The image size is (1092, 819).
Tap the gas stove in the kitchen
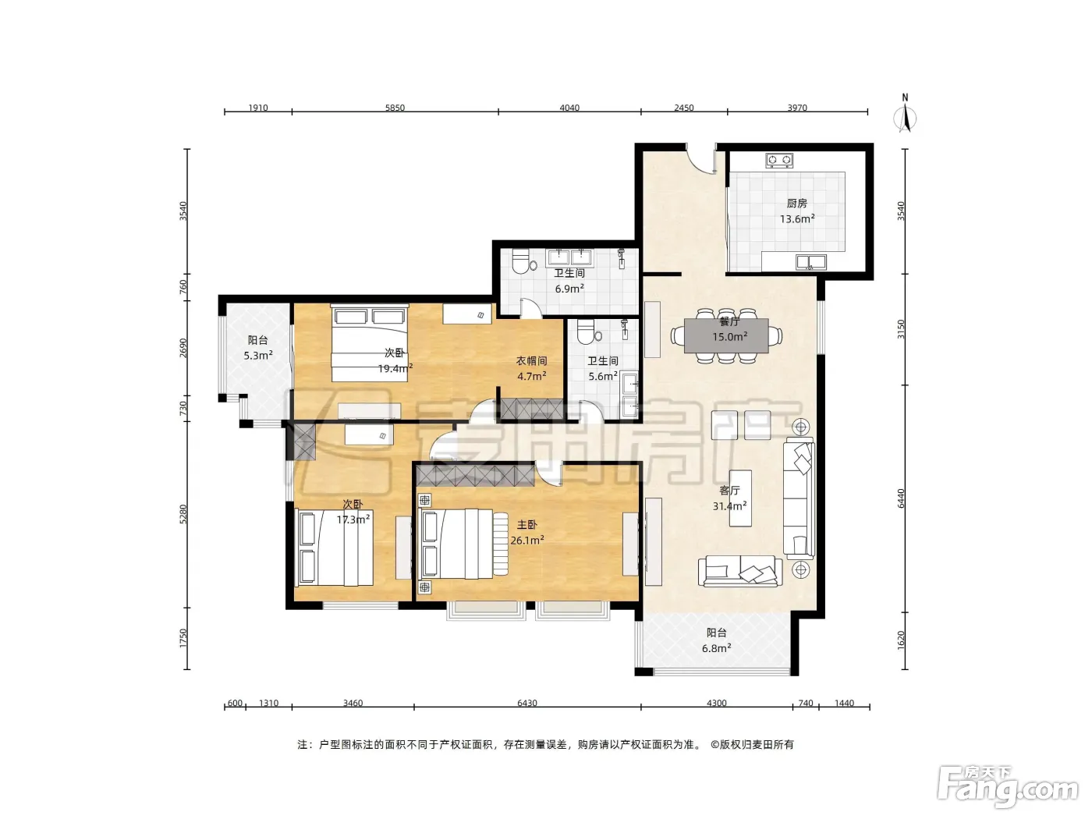778,160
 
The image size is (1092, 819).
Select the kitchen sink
811,261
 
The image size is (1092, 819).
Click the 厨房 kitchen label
796,204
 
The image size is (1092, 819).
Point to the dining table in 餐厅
726,335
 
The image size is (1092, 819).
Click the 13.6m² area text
797,219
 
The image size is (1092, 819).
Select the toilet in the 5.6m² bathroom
587,331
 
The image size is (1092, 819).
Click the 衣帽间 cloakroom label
532,360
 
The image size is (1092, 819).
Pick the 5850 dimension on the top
395,108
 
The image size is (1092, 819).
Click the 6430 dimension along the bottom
527,703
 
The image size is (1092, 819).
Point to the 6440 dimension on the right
901,498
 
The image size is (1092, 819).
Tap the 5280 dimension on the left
183,514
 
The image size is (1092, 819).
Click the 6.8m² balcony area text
716,648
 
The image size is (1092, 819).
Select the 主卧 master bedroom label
526,525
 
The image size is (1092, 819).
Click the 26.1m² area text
526,540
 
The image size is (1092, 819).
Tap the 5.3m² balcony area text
257,356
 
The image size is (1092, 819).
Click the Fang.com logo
1008,787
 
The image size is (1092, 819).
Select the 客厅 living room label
729,491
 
